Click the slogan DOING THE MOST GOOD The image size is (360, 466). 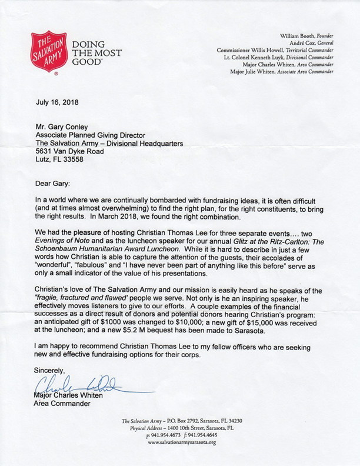[x=96, y=52]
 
